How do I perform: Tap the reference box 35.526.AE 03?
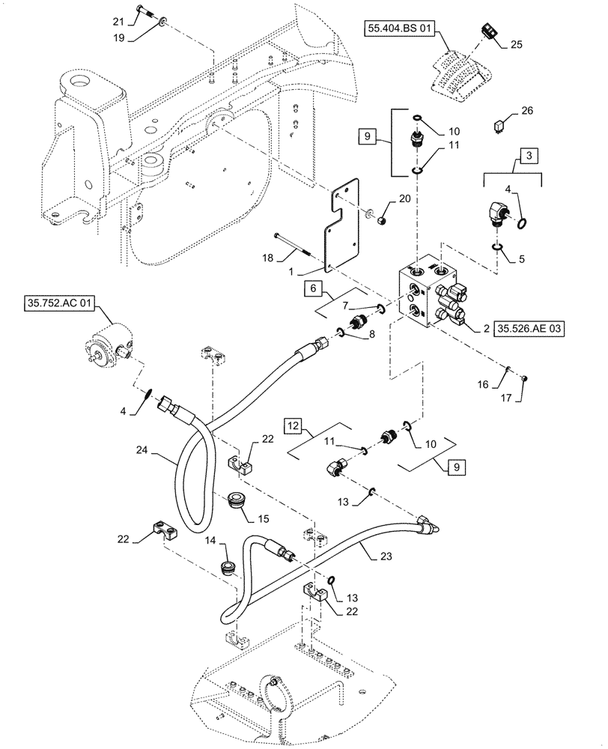click(527, 327)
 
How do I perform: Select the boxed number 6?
click(314, 287)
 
